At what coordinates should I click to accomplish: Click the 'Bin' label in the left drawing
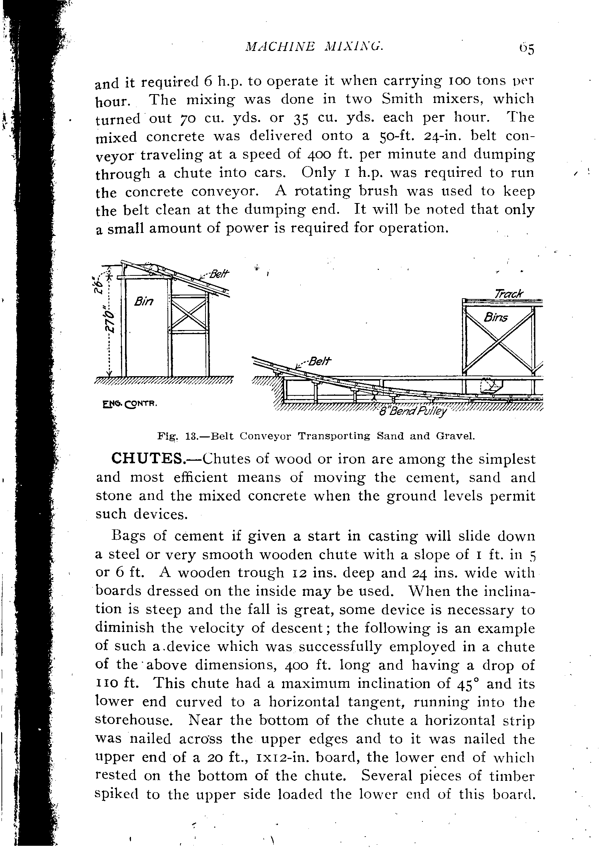pos(144,302)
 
